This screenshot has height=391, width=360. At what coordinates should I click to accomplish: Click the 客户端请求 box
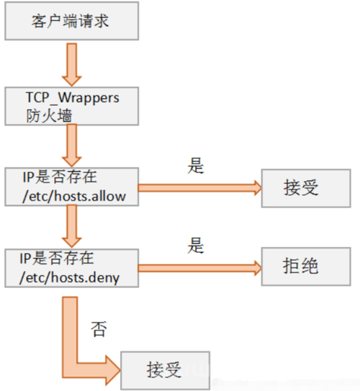[x=72, y=21]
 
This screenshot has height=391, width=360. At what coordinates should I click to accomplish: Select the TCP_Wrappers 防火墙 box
[x=72, y=107]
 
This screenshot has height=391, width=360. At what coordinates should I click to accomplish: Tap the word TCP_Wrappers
[x=73, y=98]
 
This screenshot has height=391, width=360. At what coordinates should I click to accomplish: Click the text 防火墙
[x=49, y=115]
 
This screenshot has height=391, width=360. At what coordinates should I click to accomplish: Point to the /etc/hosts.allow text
[x=74, y=197]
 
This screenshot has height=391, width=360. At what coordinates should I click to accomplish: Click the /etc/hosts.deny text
[x=70, y=278]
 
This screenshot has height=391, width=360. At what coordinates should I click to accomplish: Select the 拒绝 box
[x=306, y=266]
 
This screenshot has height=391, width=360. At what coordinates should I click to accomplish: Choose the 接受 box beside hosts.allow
[x=306, y=188]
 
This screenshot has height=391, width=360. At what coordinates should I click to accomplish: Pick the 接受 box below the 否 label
[x=166, y=371]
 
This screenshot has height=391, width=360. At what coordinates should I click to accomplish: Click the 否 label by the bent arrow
[x=99, y=329]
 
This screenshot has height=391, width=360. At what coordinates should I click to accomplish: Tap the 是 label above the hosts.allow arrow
[x=196, y=166]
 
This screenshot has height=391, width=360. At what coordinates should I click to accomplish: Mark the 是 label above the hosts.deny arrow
[x=196, y=246]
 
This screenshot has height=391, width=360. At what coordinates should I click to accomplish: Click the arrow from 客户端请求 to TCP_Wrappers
[x=72, y=65]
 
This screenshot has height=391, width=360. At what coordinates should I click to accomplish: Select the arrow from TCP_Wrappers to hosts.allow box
[x=72, y=145]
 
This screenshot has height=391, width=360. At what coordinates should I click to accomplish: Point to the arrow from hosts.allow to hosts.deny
[x=72, y=226]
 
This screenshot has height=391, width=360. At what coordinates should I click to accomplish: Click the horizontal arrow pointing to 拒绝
[x=200, y=268]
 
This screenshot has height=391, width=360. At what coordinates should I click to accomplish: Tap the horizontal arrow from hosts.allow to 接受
[x=200, y=188]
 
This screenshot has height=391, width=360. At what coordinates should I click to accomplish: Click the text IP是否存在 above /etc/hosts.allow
[x=60, y=177]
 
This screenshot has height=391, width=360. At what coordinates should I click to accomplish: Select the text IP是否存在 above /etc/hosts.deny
[x=57, y=258]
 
